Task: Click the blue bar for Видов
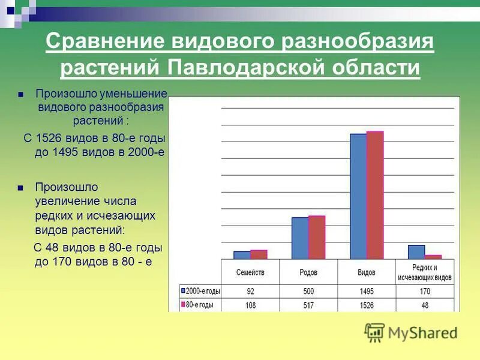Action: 358,196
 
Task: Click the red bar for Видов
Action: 374,195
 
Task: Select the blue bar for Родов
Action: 300,238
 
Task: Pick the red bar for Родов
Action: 316,237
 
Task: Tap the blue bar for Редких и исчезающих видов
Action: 416,252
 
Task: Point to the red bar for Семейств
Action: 259,254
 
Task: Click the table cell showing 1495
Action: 367,292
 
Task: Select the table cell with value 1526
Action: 367,305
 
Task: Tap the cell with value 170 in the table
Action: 424,292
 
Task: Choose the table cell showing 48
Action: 424,305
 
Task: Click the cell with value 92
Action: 250,292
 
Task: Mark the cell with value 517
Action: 308,305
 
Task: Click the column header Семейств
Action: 250,272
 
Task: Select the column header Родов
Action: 308,272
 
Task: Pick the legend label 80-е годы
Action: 200,305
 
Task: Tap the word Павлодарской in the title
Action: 243,67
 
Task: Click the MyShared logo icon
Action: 374,332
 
